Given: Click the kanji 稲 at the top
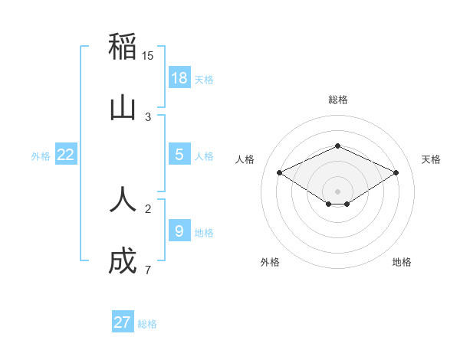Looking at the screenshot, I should (123, 47).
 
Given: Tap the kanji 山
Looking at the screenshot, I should (123, 108).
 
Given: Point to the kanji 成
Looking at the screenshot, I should (123, 261).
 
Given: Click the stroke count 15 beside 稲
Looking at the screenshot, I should (148, 56).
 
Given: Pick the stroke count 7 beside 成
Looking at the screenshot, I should (147, 270).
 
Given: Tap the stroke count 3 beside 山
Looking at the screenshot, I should (147, 116).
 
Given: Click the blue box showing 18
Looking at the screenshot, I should (179, 77).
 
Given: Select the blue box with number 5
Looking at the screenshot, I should (179, 154).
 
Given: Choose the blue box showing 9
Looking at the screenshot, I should (179, 231).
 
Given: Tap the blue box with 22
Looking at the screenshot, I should (66, 154).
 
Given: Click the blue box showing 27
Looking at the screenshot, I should (123, 322).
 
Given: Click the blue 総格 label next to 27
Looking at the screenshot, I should (148, 324).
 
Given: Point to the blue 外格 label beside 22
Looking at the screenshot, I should (41, 155).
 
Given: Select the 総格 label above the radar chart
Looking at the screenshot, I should (338, 100).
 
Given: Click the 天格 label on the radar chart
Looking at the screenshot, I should (432, 159).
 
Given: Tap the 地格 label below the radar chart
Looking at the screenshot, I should (402, 262).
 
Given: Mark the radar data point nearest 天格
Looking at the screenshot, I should (396, 172).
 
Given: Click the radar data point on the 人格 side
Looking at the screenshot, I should (279, 172).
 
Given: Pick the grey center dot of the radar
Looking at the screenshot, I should (338, 191).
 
